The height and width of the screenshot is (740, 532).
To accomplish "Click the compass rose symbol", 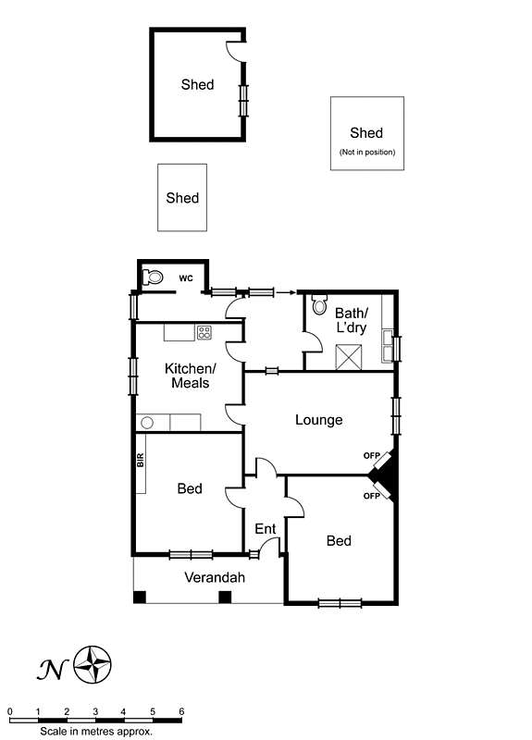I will (93, 663).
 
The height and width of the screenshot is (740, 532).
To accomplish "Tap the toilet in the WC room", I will (155, 276).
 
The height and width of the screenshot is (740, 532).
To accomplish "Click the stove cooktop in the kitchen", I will (204, 332).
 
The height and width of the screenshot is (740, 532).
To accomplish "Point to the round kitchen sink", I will (146, 423).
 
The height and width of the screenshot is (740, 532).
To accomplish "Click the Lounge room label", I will (318, 420).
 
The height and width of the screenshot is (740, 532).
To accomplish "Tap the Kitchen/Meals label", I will (187, 376).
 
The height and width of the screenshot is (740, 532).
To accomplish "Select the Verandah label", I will (215, 578).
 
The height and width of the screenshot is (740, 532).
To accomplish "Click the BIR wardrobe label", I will (141, 460).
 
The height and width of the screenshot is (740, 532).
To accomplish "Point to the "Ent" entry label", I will (266, 529).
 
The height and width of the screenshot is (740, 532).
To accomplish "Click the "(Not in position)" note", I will (366, 152).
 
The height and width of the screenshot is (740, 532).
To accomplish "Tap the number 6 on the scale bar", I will (181, 710).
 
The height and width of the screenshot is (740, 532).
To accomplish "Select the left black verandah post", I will (140, 597).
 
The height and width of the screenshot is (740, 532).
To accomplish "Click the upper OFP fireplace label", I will (371, 455).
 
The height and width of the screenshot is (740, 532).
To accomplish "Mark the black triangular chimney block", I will (387, 475).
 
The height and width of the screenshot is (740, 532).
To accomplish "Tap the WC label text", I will (185, 277).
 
